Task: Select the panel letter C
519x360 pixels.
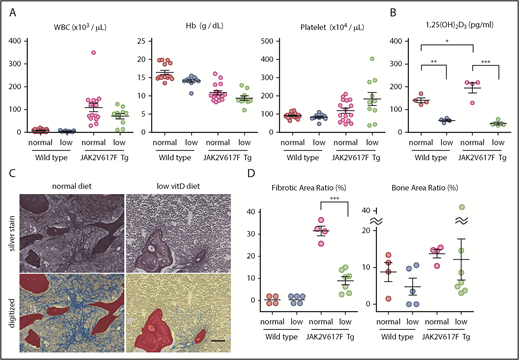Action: pos(13,173)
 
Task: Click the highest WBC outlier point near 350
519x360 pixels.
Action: pos(64,53)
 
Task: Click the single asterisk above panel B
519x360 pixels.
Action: pos(445,41)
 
